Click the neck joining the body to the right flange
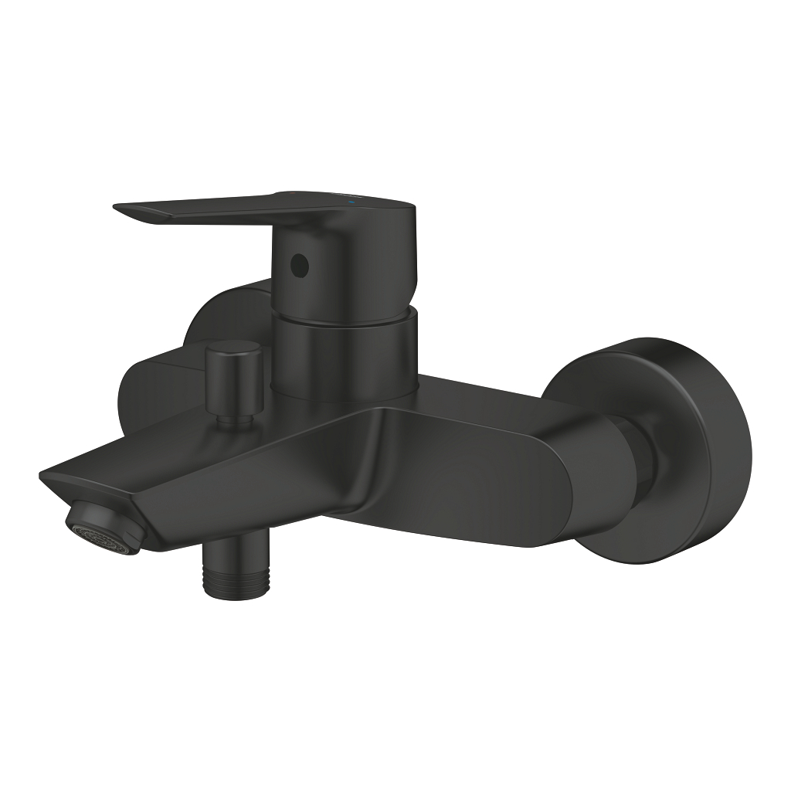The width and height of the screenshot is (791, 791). (626, 456)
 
